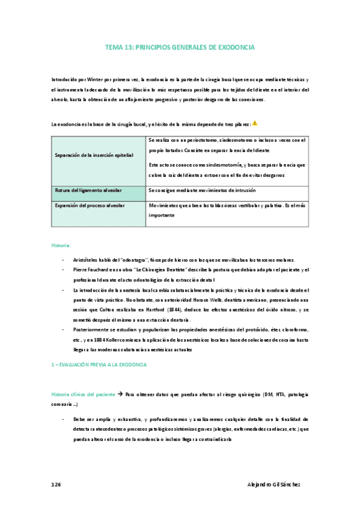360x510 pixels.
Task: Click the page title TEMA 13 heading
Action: point(180,46)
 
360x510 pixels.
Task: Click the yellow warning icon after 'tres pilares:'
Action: point(255,123)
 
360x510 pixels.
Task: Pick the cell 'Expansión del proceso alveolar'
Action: point(90,206)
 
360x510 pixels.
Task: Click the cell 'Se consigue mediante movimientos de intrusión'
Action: point(202,190)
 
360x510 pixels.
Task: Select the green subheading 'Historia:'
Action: point(61,245)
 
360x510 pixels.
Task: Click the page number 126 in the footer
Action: point(56,484)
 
